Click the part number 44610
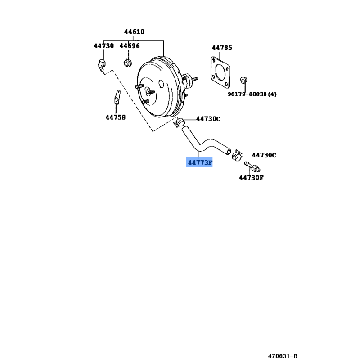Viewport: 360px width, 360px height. pos(134,31)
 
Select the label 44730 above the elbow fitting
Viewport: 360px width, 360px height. pos(104,46)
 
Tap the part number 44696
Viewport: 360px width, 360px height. pos(130,46)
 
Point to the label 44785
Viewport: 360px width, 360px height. pos(222,48)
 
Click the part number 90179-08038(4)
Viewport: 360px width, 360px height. pos(252,94)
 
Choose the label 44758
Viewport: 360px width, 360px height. pos(116,117)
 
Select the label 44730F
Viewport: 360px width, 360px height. pos(252,178)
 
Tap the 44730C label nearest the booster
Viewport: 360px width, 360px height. pos(208,119)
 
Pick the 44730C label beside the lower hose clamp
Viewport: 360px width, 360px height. pos(264,155)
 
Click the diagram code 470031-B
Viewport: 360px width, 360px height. pos(283,356)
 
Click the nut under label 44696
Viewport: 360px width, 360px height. pos(127,63)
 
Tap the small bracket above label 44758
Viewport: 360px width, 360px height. pos(117,97)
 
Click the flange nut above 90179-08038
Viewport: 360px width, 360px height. pos(243,80)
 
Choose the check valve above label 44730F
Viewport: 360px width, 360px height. pos(252,166)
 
